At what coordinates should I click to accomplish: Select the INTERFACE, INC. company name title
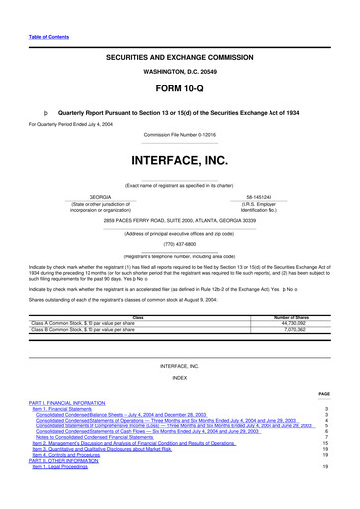179,159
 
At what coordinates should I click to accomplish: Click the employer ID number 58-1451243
260,198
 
